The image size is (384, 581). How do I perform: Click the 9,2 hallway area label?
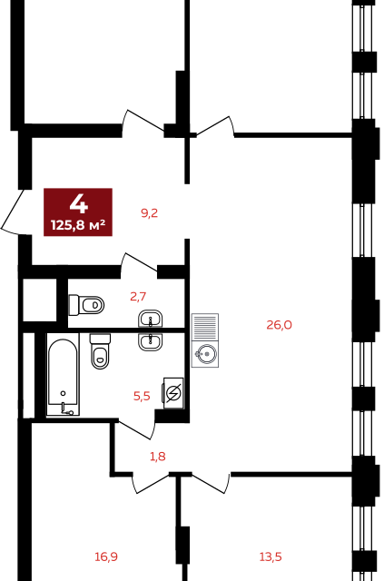tap(150, 213)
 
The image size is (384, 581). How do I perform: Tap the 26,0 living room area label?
tap(279, 325)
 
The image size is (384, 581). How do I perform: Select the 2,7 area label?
tap(138, 297)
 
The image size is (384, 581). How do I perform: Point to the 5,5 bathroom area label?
tap(142, 396)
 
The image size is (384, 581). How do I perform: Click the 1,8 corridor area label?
tap(158, 457)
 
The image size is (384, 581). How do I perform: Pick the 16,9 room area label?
tap(106, 556)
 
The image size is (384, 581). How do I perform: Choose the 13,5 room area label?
tap(271, 556)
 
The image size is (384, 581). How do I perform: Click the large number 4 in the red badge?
tap(79, 204)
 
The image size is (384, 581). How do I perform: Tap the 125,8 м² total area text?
tap(78, 224)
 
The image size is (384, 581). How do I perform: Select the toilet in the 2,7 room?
tap(86, 305)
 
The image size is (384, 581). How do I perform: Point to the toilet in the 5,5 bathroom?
tap(100, 351)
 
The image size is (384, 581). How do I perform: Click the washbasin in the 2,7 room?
tap(151, 319)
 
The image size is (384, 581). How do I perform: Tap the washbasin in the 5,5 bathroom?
tap(151, 341)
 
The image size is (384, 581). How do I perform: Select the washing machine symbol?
tap(173, 393)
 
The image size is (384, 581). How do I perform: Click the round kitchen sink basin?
tap(205, 354)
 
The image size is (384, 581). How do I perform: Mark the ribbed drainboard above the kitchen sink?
tap(205, 328)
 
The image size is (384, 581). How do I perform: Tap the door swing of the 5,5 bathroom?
tap(135, 429)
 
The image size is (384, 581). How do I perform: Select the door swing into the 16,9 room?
tap(153, 483)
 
